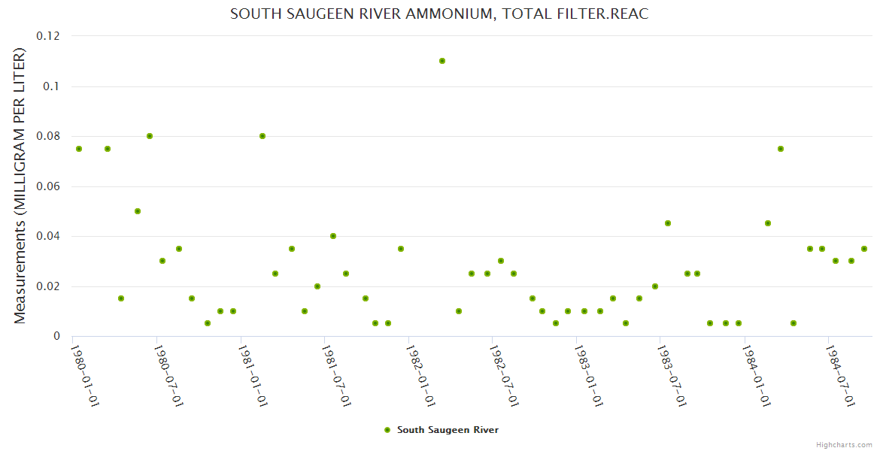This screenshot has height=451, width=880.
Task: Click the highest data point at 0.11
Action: point(442,61)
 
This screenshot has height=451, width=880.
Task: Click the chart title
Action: point(439,14)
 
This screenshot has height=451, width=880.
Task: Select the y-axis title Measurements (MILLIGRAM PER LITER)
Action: point(20,186)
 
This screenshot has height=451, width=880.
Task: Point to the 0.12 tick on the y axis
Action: point(50,36)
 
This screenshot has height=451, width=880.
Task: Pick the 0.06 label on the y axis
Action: point(50,186)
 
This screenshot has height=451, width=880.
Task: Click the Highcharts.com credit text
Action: point(844,444)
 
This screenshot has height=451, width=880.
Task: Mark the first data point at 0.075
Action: point(79,149)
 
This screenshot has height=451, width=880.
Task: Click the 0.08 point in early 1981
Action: point(262,136)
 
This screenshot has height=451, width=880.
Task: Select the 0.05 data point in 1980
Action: point(138,211)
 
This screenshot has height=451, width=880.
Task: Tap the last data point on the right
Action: point(864,249)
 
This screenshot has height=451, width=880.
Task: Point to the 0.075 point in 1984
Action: point(781,149)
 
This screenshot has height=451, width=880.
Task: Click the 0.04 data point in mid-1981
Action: point(333,236)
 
